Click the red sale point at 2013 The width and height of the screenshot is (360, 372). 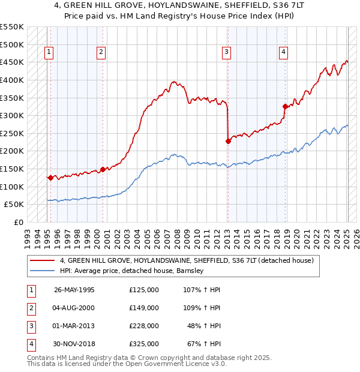pos(228,142)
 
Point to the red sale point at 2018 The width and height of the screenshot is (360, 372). pos(285,107)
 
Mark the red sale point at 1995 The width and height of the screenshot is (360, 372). pos(50,178)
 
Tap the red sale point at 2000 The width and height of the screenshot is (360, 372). pos(103,169)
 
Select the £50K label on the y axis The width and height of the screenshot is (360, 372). pos(14,205)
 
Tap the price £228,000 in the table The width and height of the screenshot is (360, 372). pos(144,326)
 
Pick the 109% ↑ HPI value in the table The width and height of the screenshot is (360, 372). pos(203,308)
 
